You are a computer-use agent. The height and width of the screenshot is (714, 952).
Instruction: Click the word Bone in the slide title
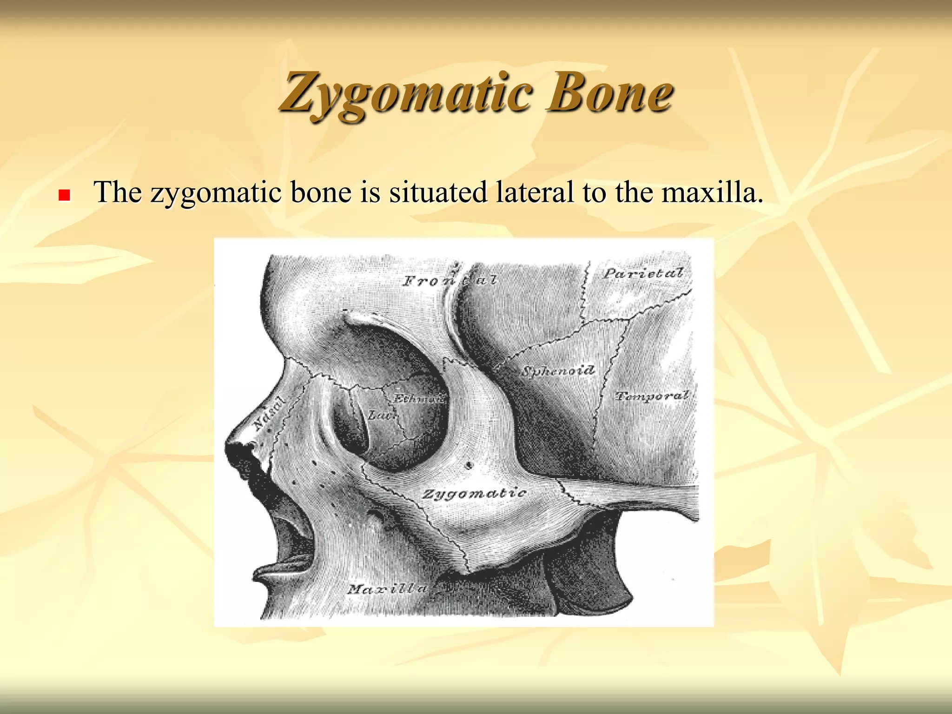click(609, 93)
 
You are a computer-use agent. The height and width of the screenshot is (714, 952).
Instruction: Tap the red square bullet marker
click(64, 195)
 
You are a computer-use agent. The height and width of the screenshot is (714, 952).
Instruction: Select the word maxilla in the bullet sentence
click(711, 192)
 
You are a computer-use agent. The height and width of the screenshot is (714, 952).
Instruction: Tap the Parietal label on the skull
click(643, 273)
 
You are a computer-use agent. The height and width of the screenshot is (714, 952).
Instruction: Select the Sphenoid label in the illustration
click(558, 371)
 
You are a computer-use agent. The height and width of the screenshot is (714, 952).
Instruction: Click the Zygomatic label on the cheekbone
click(474, 493)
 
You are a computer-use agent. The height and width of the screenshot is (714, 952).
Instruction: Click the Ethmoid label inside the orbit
click(418, 399)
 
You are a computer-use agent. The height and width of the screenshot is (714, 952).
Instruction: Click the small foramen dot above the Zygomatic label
click(469, 464)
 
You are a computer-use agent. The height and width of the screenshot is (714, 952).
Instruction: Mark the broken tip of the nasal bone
click(239, 449)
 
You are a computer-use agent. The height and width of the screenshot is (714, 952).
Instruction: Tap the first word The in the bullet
click(117, 192)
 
